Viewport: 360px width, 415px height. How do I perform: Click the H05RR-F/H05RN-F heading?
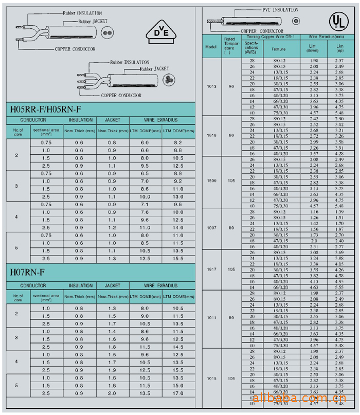click(46, 109)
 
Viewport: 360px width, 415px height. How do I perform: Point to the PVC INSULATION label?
click(280, 10)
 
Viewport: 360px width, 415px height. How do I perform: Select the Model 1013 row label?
click(211, 86)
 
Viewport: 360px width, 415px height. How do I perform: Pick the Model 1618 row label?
click(211, 136)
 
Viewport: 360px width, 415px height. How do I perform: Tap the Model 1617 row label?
click(211, 269)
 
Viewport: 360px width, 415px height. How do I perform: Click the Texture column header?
click(278, 49)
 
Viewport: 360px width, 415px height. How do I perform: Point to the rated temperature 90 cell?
click(231, 86)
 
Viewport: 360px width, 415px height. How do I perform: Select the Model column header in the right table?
click(211, 46)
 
